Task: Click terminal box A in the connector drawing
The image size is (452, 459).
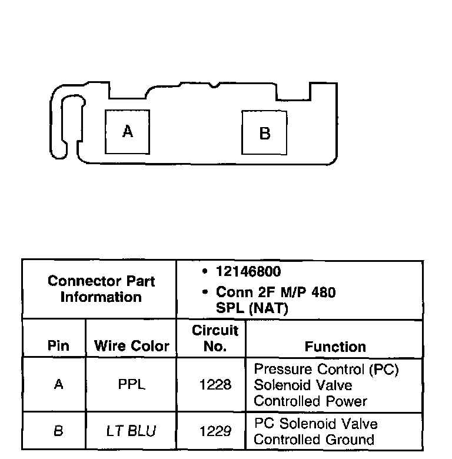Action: tap(127, 132)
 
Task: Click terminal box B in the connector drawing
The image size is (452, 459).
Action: tap(264, 134)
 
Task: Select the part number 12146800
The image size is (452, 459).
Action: tap(248, 272)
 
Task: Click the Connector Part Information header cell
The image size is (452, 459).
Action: tap(101, 289)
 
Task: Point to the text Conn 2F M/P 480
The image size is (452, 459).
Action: tap(275, 292)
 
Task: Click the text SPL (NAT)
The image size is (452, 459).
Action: tap(252, 308)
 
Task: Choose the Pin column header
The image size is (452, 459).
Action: tap(58, 347)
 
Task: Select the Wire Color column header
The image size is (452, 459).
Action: tap(131, 347)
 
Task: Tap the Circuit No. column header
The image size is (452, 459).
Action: tap(215, 338)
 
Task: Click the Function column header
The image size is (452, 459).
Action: tap(335, 347)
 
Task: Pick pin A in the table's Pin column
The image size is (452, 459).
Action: tap(58, 385)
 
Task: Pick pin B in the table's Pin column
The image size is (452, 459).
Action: tap(58, 431)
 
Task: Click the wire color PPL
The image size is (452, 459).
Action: tap(131, 385)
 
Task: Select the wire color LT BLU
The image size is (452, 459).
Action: tap(131, 431)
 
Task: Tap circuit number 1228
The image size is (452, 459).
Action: tap(215, 385)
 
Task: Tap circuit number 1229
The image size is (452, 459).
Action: tap(215, 431)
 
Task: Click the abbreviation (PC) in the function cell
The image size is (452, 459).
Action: tap(386, 370)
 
